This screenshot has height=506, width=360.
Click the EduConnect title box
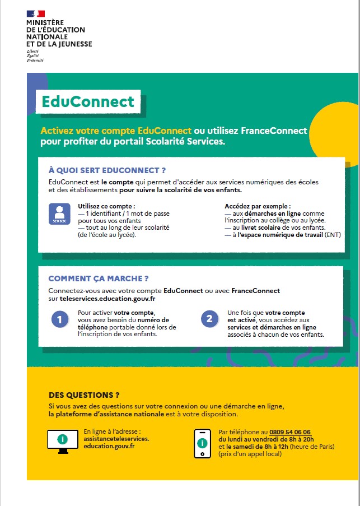[x=89, y=101]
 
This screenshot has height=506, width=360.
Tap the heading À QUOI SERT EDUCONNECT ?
[x=107, y=170]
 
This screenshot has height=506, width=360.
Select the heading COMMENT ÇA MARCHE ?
[x=99, y=278]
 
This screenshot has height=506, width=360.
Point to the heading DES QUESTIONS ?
[x=84, y=395]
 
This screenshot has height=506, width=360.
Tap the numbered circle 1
[x=59, y=320]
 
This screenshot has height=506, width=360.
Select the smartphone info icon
[x=202, y=443]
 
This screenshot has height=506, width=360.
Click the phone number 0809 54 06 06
[x=290, y=432]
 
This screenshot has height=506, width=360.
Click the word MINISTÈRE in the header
[x=45, y=22]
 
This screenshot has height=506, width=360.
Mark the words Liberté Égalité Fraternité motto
[x=35, y=55]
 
